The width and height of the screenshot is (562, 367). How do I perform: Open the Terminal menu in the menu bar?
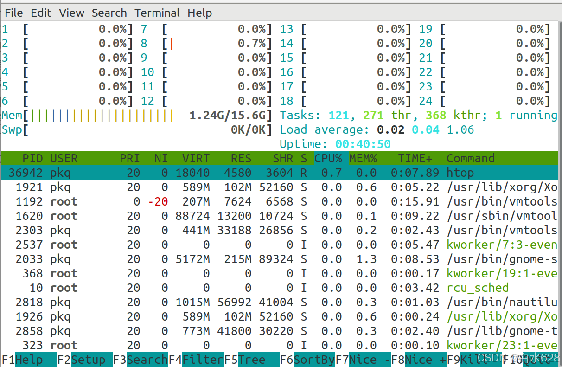[x=157, y=13]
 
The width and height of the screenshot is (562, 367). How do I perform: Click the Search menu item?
[x=109, y=13]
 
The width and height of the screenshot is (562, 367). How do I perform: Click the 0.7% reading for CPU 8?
[x=252, y=44]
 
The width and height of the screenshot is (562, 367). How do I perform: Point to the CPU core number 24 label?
[x=426, y=101]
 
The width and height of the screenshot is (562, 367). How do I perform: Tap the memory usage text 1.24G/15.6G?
[x=230, y=116]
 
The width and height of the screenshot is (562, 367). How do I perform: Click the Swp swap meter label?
[x=12, y=130]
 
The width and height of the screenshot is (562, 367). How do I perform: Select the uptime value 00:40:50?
[x=363, y=144]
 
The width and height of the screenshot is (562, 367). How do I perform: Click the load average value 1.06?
[x=460, y=130]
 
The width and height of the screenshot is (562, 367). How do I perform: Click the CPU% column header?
[x=328, y=159]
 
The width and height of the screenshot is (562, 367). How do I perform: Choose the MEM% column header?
[x=363, y=159]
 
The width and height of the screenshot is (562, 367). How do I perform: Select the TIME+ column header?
[x=415, y=159]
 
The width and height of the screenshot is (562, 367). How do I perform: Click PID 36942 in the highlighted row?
[x=29, y=173]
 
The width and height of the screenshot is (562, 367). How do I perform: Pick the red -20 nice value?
[x=158, y=202]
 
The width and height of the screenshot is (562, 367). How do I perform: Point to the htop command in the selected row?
[x=460, y=173]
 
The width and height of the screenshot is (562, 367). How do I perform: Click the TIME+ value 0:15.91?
[x=415, y=202]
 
